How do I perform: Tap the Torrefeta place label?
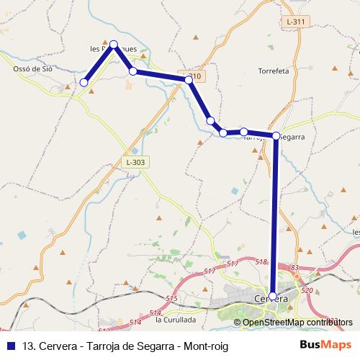click(x=274, y=71)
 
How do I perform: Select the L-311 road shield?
click(x=295, y=22)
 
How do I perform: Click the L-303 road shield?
click(x=135, y=163)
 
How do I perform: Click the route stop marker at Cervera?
click(x=272, y=296)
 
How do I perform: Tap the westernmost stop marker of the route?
click(x=84, y=83)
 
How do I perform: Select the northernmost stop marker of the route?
click(x=114, y=45)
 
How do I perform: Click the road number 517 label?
click(x=210, y=271)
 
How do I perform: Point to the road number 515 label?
click(x=171, y=298)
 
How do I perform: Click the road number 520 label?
click(x=307, y=290)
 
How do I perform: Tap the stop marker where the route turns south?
click(x=276, y=135)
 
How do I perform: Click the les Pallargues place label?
click(x=116, y=49)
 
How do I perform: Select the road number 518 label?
click(x=261, y=262)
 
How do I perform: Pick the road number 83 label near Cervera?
click(x=294, y=268)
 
